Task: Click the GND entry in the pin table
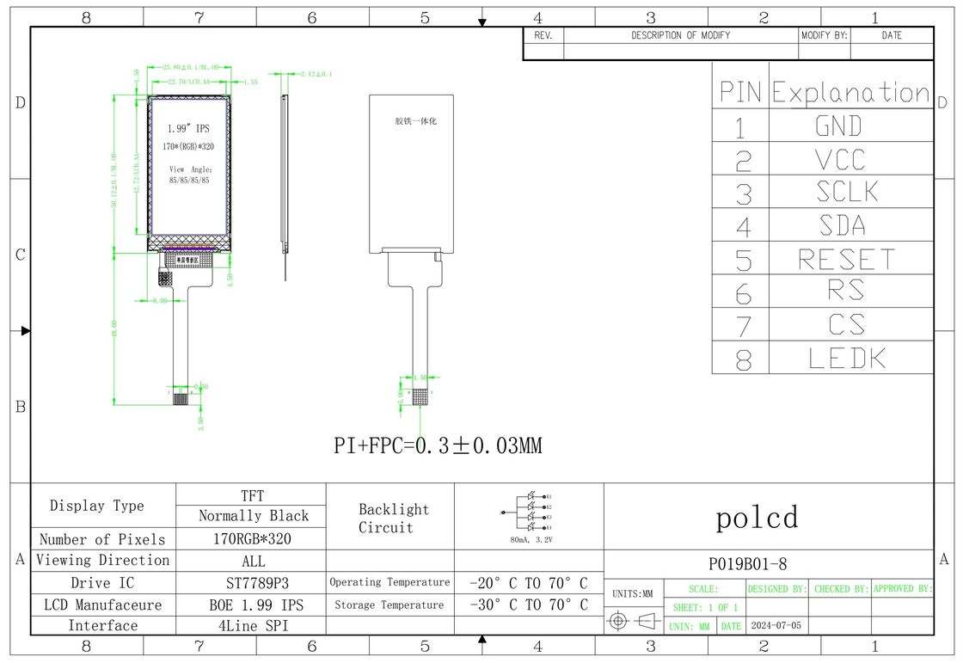[838, 126]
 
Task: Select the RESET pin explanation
[846, 259]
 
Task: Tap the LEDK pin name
[847, 358]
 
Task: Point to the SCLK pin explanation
[847, 193]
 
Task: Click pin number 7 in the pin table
[743, 326]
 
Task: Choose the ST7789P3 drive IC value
[251, 583]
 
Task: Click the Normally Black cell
[253, 516]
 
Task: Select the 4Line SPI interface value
[251, 625]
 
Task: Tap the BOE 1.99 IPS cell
[251, 605]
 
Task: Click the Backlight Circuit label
[392, 519]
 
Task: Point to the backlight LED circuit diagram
[529, 512]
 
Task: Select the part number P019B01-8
[747, 564]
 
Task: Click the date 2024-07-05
[776, 625]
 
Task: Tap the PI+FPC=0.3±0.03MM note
[438, 445]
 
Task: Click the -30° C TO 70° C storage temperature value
[529, 605]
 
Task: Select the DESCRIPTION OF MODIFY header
[680, 35]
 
